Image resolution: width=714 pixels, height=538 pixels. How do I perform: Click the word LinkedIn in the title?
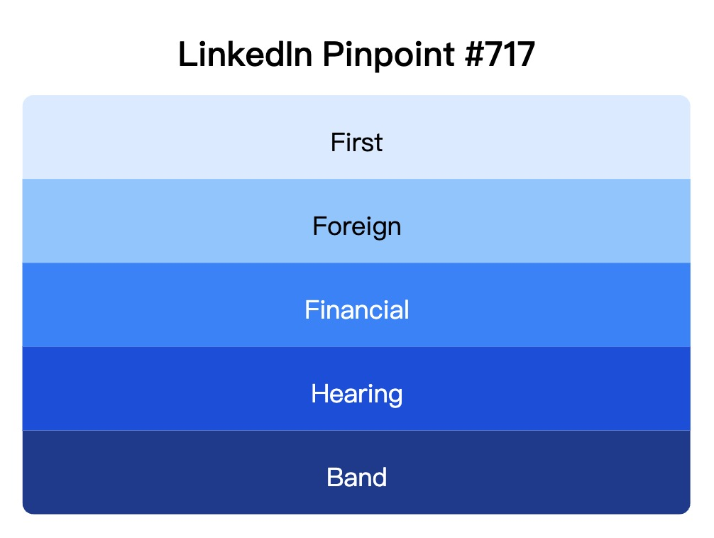pos(245,55)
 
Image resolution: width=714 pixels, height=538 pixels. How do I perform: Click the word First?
pos(356,143)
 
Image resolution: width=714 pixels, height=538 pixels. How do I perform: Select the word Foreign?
pos(356,227)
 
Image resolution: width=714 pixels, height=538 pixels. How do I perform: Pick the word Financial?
pos(356,310)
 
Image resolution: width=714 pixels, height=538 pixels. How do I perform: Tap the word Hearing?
pos(356,394)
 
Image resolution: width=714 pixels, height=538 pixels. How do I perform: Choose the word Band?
pos(356,477)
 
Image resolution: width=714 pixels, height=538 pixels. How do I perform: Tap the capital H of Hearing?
pos(319,393)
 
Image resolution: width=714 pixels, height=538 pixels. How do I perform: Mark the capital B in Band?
pos(334,477)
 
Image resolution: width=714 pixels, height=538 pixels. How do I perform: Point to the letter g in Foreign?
pos(381,229)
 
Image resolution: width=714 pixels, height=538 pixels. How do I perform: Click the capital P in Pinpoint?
pos(332,55)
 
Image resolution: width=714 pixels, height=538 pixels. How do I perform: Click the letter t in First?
pos(378,143)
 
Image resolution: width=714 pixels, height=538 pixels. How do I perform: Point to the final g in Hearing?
pos(395,396)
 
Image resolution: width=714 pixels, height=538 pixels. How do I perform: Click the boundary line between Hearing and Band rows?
pos(356,431)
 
